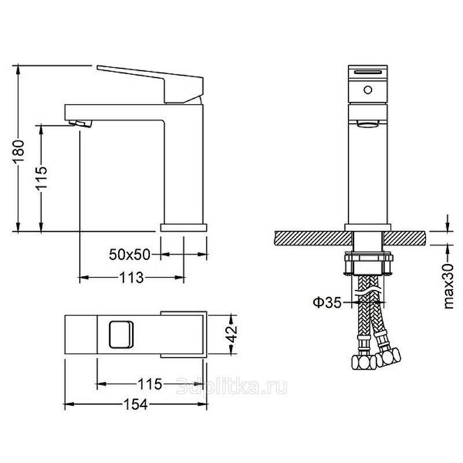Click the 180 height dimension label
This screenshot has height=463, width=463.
[x=19, y=152]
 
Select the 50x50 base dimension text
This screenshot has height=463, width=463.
[x=130, y=254]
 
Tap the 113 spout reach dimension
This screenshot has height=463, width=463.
[x=131, y=278]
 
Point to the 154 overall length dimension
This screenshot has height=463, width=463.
[x=135, y=404]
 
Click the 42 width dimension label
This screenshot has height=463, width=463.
[x=233, y=333]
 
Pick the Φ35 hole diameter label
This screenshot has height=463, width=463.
[x=327, y=302]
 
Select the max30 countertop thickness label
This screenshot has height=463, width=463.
[x=448, y=286]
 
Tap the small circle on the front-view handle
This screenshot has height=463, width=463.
[x=368, y=90]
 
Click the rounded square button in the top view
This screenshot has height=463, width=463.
[x=121, y=335]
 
